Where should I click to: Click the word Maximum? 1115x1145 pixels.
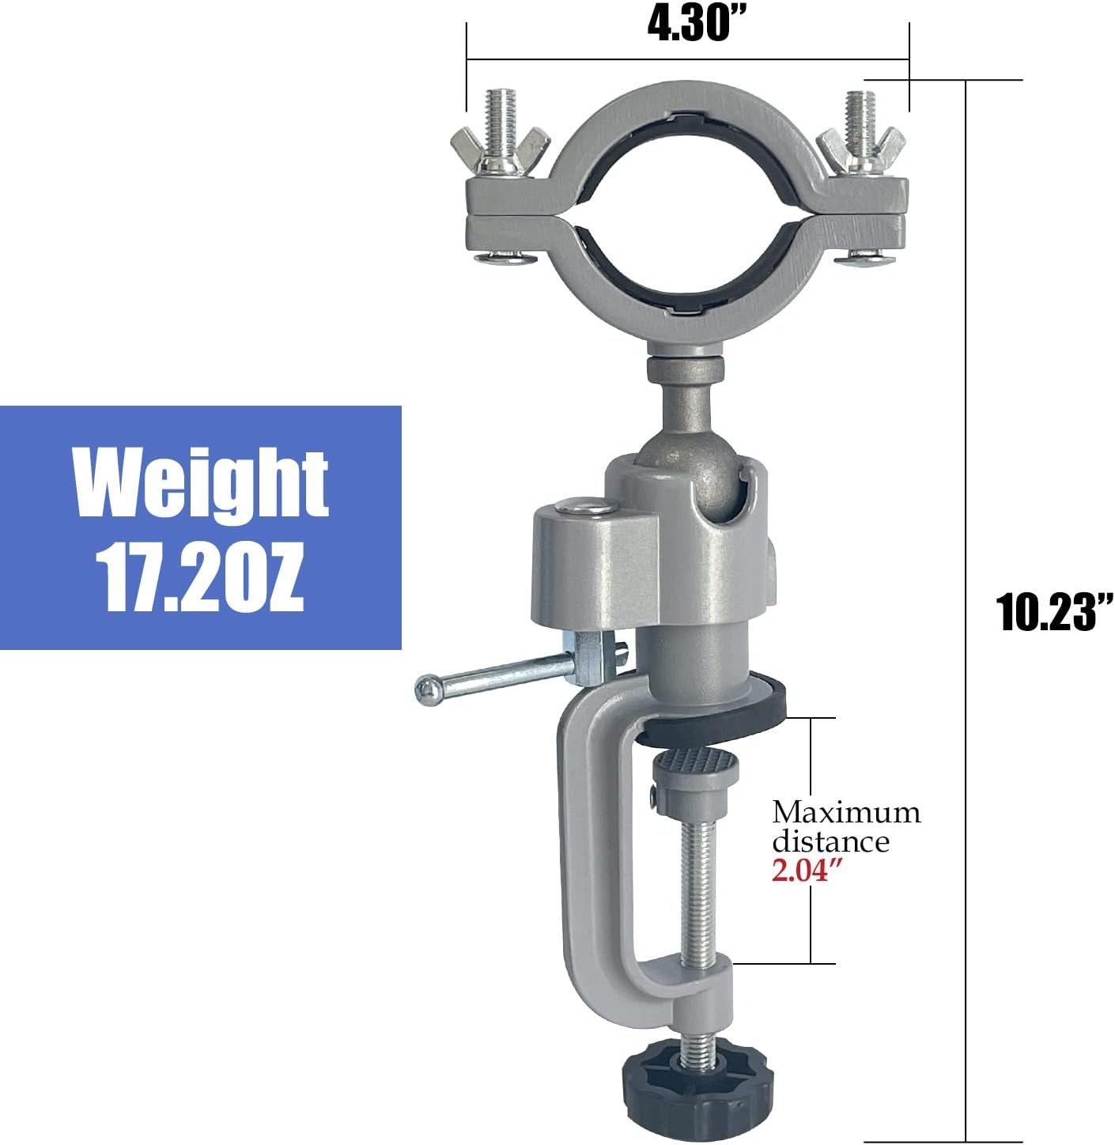click(845, 813)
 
